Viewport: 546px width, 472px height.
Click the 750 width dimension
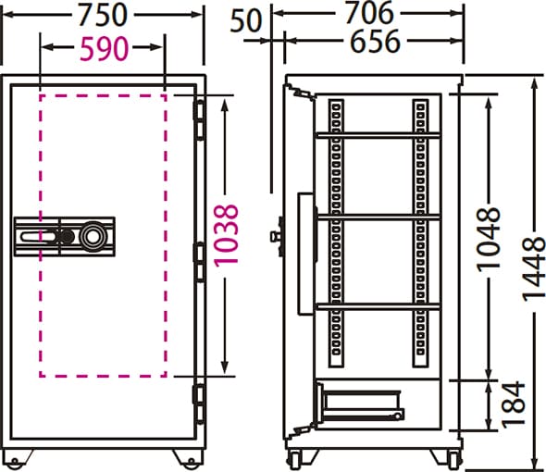103,15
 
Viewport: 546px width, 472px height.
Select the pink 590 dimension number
105,48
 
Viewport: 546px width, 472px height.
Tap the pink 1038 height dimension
226,236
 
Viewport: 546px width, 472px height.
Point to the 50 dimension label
245,21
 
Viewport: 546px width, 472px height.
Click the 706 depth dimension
369,13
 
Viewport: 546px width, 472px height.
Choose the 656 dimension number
375,42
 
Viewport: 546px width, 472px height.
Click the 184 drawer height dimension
513,404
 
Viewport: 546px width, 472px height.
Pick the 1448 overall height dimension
533,269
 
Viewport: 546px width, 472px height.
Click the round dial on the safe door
93,237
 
